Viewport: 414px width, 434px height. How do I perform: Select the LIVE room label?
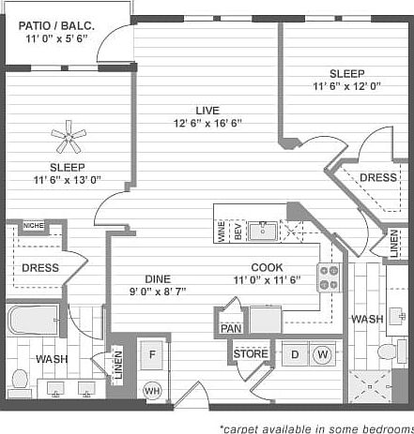point(194,108)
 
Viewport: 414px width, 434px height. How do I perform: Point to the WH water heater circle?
point(151,390)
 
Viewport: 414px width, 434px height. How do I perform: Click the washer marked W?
point(321,354)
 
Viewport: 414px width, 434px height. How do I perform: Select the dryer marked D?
point(294,354)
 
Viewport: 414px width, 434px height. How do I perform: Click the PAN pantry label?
point(231,329)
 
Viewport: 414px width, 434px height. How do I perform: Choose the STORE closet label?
point(251,354)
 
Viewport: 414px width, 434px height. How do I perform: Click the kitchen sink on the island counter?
point(264,230)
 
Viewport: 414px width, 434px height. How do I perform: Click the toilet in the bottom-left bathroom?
point(21,381)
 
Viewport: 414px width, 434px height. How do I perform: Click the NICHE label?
point(34,225)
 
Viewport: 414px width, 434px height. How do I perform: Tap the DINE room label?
point(157,278)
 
